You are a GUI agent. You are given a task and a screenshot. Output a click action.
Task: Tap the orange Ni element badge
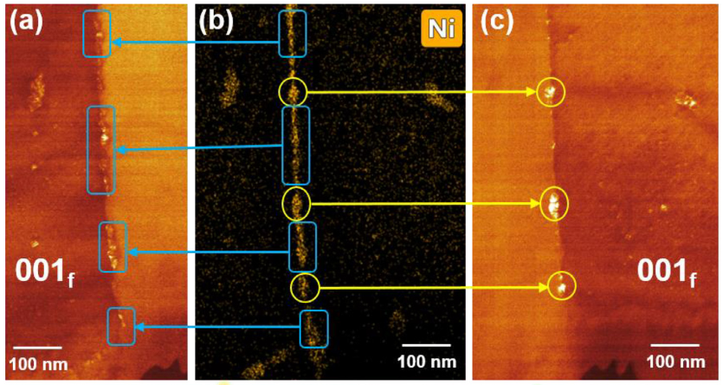442,29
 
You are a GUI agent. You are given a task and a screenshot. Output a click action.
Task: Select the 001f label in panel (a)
45,272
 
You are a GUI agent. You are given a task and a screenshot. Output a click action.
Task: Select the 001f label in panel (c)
667,272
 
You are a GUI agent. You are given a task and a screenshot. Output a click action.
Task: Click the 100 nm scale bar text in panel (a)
38,364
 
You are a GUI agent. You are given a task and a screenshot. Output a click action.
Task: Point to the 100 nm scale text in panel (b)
427,362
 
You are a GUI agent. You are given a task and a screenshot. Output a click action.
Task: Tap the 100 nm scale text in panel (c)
675,362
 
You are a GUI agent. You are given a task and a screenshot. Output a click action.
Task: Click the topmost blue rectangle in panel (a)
83,34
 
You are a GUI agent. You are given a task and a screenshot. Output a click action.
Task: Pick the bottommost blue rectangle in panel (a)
108,326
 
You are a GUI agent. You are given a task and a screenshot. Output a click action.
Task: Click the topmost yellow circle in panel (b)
280,92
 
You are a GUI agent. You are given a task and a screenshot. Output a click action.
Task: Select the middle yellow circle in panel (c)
540,204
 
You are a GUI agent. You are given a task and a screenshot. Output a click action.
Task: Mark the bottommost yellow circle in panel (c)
548,286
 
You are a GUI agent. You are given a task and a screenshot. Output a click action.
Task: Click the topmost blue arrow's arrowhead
115,42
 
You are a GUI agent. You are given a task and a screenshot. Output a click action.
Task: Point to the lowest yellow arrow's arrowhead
544,288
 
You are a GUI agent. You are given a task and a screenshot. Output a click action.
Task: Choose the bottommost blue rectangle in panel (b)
300,329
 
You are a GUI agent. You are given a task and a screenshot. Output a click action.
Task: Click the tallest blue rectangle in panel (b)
282,145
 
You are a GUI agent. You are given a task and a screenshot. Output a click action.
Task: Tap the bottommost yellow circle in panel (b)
292,288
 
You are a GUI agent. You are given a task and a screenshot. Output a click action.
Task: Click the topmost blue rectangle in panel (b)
280,34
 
